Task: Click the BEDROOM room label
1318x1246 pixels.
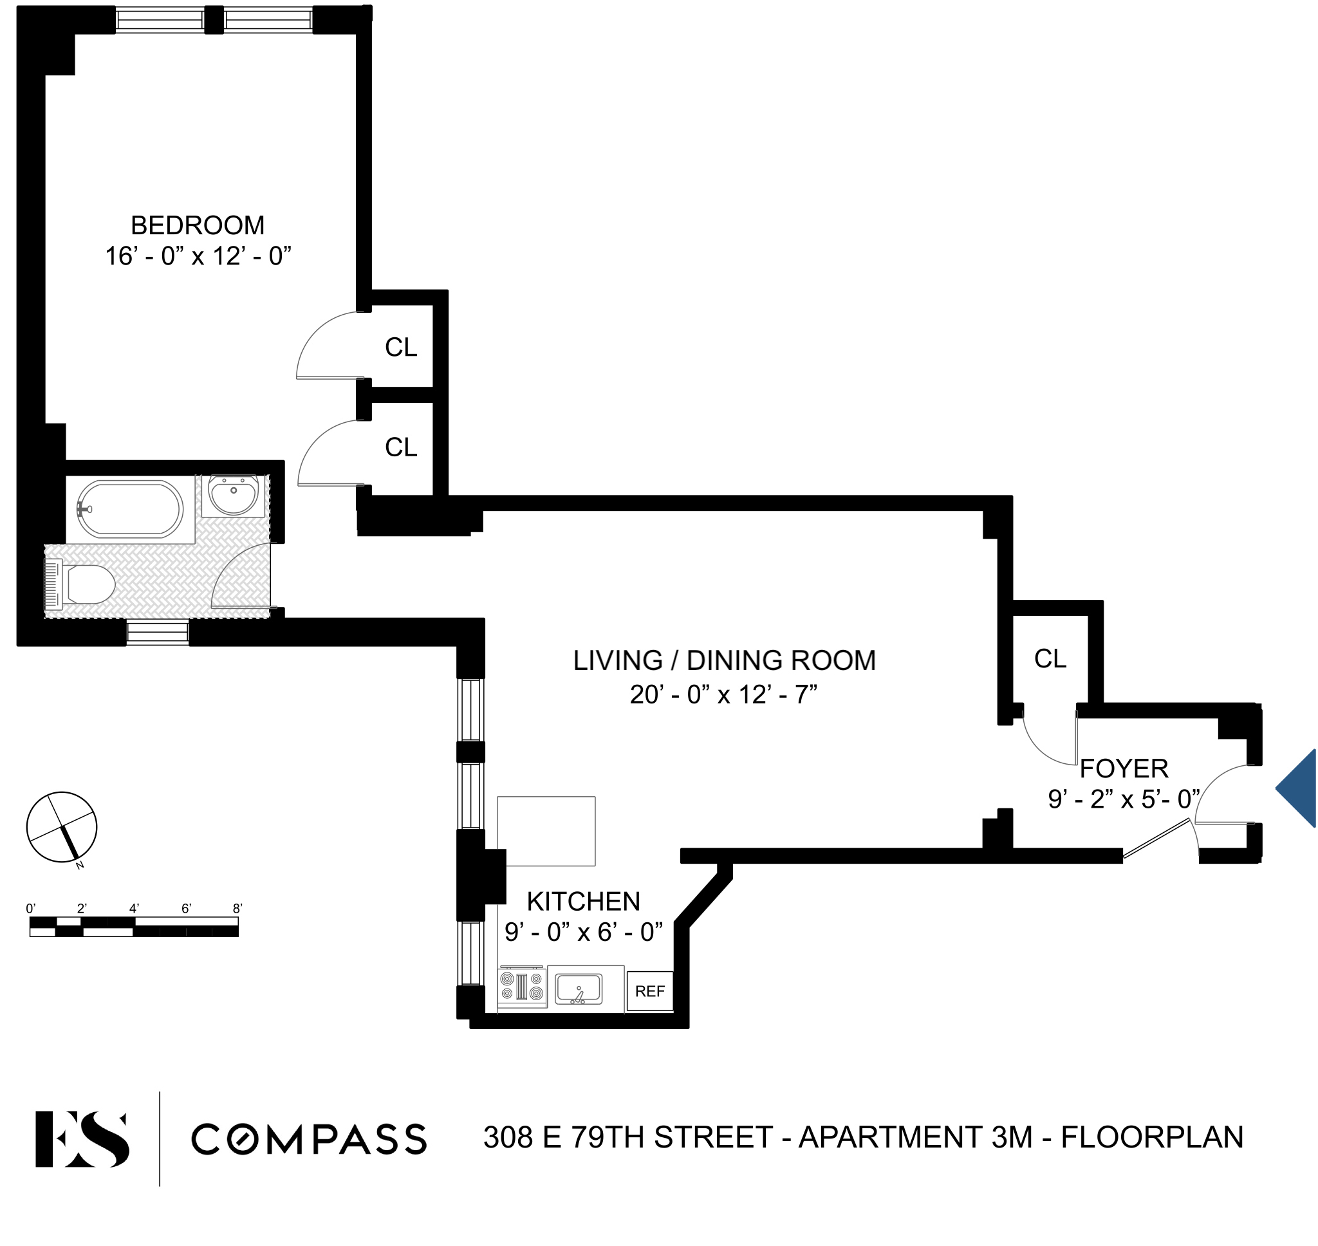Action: point(197,226)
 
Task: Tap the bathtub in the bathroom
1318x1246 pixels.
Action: point(130,510)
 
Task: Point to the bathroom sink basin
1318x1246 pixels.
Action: point(233,495)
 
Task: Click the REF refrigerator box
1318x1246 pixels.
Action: point(649,992)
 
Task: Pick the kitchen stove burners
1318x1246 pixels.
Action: point(522,986)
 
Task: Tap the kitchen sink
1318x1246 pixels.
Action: point(579,989)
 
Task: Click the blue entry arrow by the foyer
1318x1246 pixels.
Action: point(1298,788)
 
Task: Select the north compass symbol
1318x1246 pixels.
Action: point(62,828)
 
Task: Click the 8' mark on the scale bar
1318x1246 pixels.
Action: point(237,909)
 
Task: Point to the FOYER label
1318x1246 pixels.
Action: point(1124,768)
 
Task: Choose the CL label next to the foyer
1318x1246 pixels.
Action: point(1050,659)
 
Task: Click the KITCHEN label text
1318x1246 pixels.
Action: point(583,902)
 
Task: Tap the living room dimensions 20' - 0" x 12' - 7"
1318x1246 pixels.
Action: point(723,694)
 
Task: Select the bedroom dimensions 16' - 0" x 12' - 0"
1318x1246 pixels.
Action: point(198,256)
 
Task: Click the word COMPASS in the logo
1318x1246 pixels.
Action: point(309,1140)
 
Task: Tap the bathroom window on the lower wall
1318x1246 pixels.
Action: point(158,631)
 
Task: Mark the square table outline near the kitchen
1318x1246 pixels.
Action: point(546,831)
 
